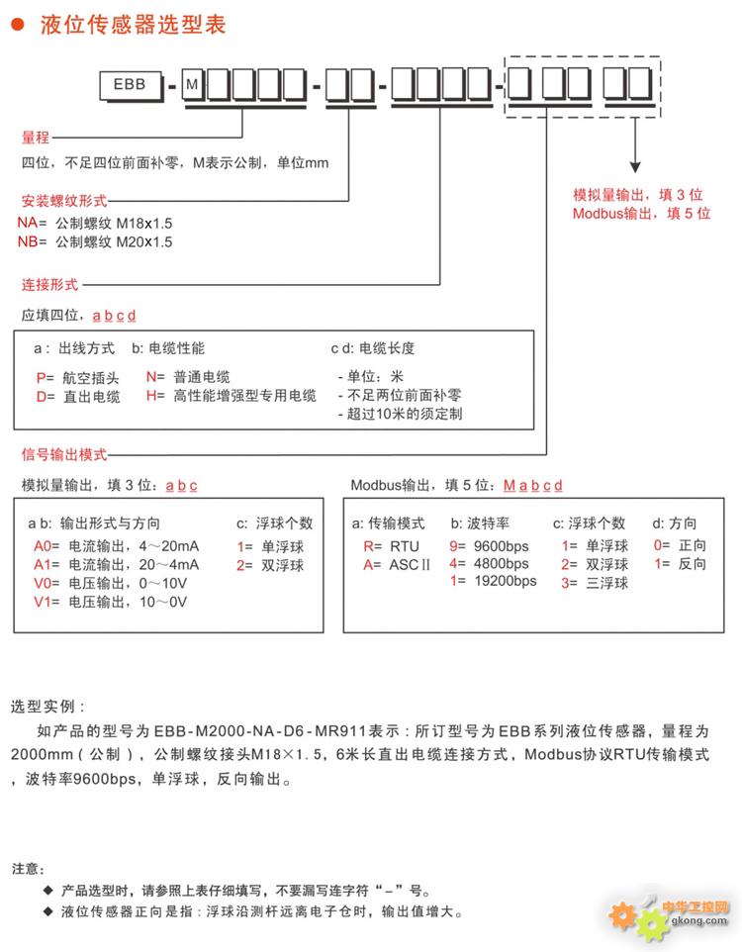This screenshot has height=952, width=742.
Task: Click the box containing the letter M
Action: [192, 85]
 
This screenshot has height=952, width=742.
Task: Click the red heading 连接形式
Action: [49, 284]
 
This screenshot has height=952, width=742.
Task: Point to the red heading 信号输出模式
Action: [64, 455]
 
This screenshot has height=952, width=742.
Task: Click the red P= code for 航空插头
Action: [45, 377]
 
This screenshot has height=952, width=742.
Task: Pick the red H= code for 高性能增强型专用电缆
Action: [155, 396]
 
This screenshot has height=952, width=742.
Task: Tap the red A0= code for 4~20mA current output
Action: [46, 546]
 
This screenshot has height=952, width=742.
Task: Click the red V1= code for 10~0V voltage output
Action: [46, 602]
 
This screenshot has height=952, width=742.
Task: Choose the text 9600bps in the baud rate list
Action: [501, 546]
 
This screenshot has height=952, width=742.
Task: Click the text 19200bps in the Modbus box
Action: [505, 581]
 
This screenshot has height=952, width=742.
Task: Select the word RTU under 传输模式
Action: [404, 546]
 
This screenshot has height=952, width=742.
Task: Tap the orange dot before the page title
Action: [17, 26]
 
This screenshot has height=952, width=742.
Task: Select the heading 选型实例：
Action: [48, 708]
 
